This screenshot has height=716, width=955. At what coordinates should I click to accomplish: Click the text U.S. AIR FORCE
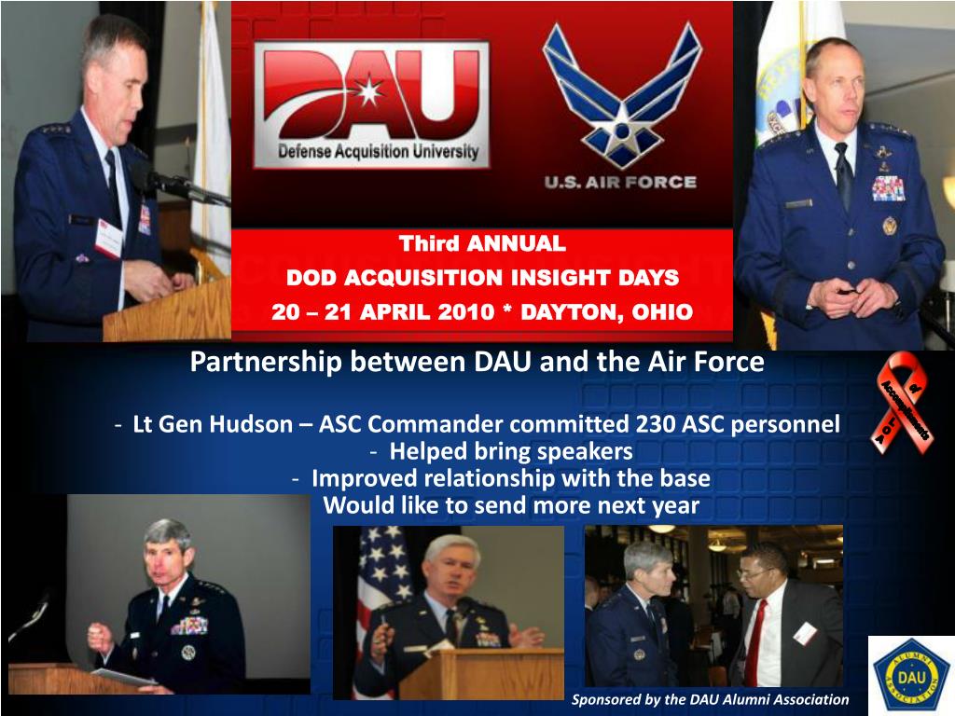621,182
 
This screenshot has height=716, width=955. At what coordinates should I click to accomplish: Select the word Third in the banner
431,244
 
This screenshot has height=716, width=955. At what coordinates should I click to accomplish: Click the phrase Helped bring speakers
510,452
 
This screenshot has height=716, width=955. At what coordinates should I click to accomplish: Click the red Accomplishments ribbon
903,404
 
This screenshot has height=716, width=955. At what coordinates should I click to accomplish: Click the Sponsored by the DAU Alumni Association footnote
710,699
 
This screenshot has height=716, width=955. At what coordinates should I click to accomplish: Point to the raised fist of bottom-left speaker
100,639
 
